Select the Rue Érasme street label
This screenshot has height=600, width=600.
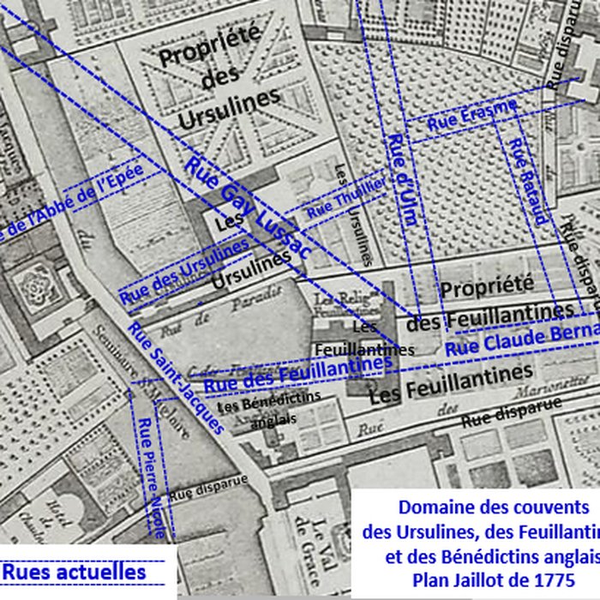click(472, 115)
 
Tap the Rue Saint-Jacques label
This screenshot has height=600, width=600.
click(176, 377)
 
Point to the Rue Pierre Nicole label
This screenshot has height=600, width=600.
click(153, 477)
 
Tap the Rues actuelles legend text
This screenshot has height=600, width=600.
click(74, 571)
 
